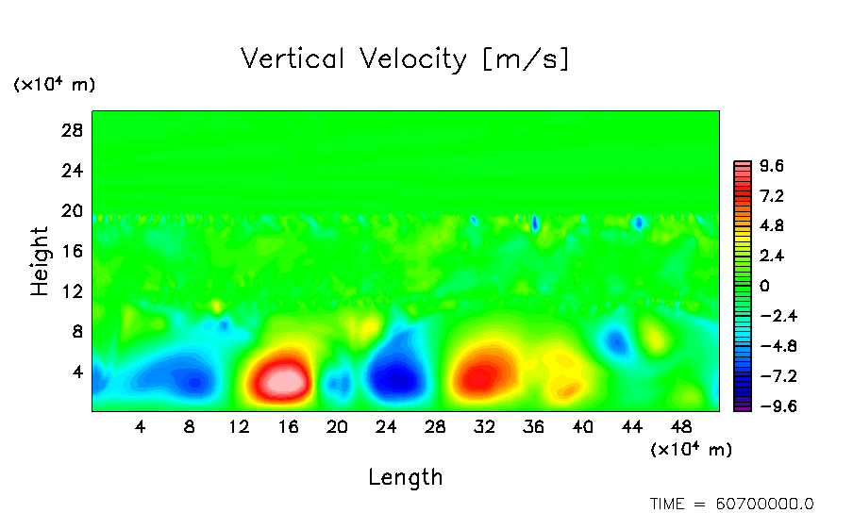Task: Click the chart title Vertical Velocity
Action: coord(405,59)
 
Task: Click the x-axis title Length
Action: coord(405,476)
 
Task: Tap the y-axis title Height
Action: coord(40,261)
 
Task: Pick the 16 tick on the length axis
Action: coord(288,426)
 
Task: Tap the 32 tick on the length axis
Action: coord(485,426)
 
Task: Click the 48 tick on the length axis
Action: coord(682,426)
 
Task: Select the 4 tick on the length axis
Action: coord(141,426)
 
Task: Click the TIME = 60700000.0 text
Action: coord(731,504)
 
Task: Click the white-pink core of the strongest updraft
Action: coord(284,381)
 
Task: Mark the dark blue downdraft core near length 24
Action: coord(396,379)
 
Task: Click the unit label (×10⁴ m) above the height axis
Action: coord(54,85)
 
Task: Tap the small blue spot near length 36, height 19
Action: coord(535,223)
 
